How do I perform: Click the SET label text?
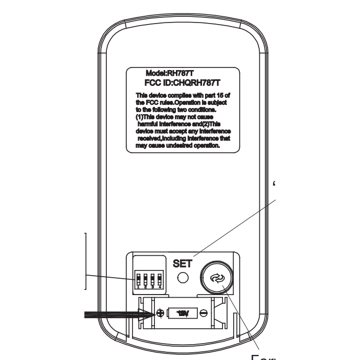point(182,264)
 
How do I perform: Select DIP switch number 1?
point(138,281)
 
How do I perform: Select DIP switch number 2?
point(145,281)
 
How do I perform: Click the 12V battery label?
point(183,313)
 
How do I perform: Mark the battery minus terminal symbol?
point(204,313)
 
